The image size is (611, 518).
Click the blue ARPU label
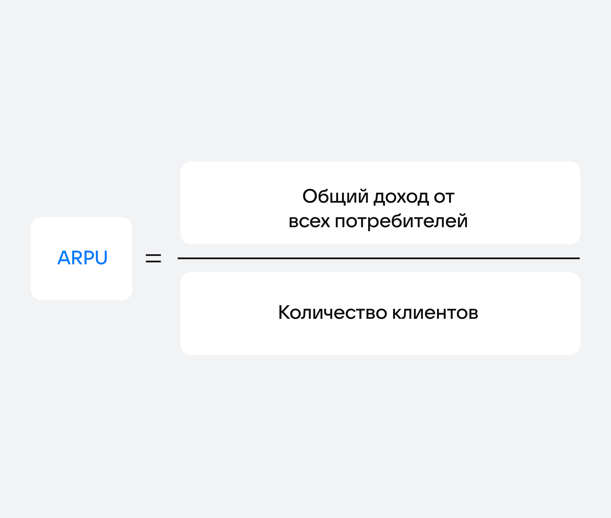tap(83, 258)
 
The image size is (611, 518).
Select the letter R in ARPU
tap(77, 258)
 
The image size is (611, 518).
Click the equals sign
tap(153, 258)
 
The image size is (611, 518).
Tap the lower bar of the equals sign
tap(153, 261)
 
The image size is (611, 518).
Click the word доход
tap(401, 198)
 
